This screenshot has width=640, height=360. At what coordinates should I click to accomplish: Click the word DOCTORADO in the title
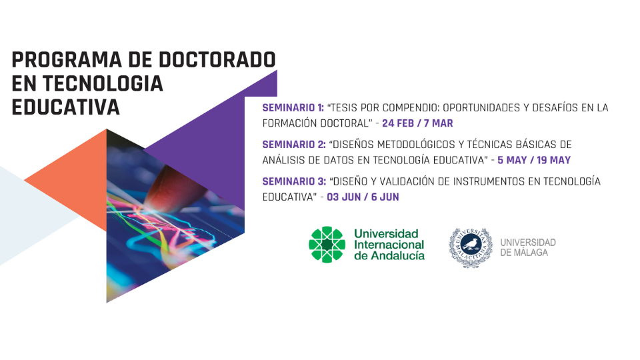point(217,59)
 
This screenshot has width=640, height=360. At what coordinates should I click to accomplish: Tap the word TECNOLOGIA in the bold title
point(103,83)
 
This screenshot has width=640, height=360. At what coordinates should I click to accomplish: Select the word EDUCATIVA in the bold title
point(66,107)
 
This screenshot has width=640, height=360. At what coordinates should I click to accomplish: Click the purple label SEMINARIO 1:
point(293,108)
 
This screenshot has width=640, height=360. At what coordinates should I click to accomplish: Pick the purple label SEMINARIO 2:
point(294,145)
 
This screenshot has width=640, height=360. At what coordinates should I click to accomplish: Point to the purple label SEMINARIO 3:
point(294,181)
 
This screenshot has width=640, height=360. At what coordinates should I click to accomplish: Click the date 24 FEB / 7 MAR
point(417,123)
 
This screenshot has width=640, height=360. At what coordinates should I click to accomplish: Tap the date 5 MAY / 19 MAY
point(534,160)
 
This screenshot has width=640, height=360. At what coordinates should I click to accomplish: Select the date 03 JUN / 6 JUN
point(363,197)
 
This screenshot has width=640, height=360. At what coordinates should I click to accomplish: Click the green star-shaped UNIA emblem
point(327,245)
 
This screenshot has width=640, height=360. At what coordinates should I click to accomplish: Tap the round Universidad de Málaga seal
point(470,248)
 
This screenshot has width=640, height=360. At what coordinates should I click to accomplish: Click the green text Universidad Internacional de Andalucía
point(389,245)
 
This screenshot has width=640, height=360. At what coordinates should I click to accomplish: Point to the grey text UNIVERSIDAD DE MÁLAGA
point(528,248)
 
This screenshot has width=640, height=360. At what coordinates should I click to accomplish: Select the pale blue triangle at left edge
point(29,215)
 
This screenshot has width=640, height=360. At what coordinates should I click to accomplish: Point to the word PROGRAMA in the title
point(67,59)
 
